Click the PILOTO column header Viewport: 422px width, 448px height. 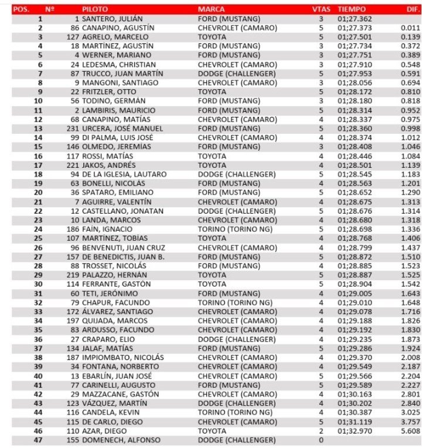(x=94, y=10)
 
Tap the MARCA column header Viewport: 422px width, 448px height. (x=211, y=10)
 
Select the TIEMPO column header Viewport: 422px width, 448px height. (x=352, y=10)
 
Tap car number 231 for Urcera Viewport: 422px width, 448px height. (x=73, y=129)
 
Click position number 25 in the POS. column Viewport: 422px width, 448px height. (x=39, y=238)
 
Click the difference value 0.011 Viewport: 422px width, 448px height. (x=410, y=28)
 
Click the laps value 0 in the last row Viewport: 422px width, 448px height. (x=321, y=439)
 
